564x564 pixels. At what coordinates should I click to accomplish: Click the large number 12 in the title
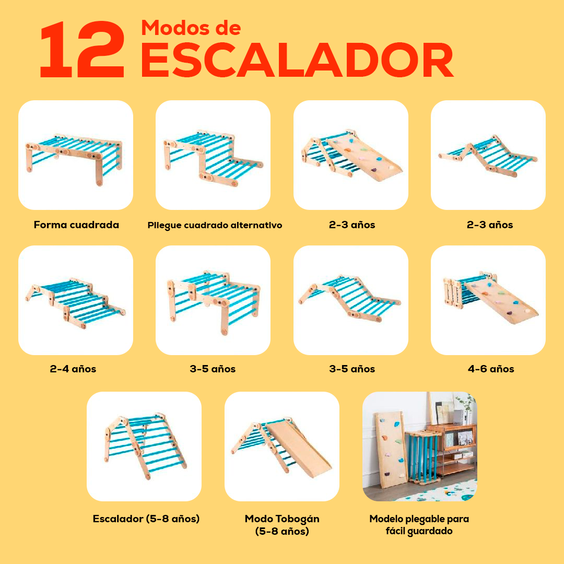(83, 49)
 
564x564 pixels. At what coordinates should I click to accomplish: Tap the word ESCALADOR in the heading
(297, 60)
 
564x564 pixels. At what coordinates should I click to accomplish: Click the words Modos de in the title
(191, 28)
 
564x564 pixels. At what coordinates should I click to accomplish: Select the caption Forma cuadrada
(76, 225)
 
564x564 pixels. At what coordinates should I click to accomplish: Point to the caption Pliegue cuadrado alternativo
(215, 226)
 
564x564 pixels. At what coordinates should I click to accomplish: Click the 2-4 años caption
(73, 369)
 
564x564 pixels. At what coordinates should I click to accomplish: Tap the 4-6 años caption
(491, 369)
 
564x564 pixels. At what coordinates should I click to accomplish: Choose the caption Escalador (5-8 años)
(146, 519)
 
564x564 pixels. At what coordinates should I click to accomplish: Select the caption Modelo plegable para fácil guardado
(419, 525)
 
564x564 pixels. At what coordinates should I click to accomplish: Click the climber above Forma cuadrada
(74, 158)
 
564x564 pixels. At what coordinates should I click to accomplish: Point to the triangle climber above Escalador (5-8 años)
(145, 445)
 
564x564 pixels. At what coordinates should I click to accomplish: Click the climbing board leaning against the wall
(391, 450)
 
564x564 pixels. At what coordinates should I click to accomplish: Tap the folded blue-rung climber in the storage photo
(423, 457)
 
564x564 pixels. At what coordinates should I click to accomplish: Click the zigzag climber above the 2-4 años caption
(76, 303)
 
